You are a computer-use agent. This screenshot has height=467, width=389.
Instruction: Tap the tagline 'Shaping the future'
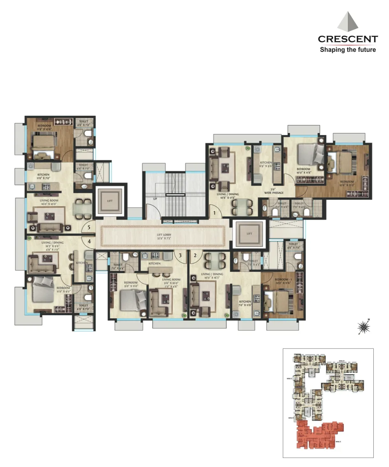pos(348,50)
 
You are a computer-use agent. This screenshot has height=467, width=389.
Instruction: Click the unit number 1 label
pos(214,213)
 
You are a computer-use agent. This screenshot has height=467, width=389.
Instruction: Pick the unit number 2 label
pos(195,255)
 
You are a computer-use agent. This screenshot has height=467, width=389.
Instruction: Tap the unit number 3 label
pos(180,255)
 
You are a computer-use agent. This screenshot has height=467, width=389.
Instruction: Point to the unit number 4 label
pos(89,242)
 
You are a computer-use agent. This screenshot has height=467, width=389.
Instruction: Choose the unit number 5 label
pos(89,227)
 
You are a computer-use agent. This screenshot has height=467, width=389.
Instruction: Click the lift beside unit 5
pos(109,201)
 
